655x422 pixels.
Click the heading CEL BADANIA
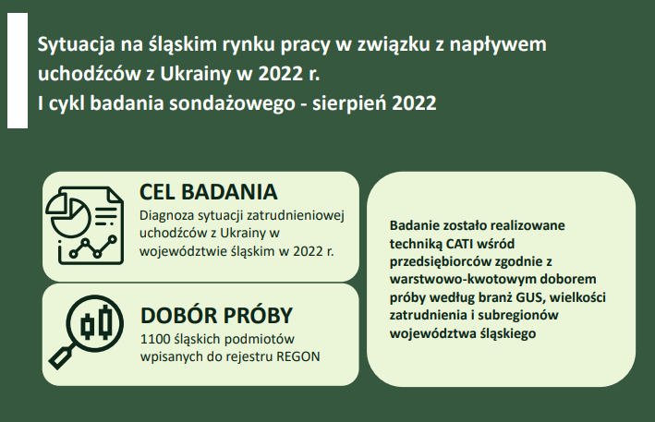[208, 192]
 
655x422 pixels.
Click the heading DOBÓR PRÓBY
[216, 315]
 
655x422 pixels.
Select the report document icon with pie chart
[84, 225]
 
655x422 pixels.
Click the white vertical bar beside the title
[18, 70]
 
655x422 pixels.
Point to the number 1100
[153, 339]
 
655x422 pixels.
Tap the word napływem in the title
[498, 44]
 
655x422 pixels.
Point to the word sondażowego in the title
[232, 103]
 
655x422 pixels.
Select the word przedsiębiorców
[441, 261]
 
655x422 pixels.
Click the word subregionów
[518, 316]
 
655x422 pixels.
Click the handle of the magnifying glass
[61, 357]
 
